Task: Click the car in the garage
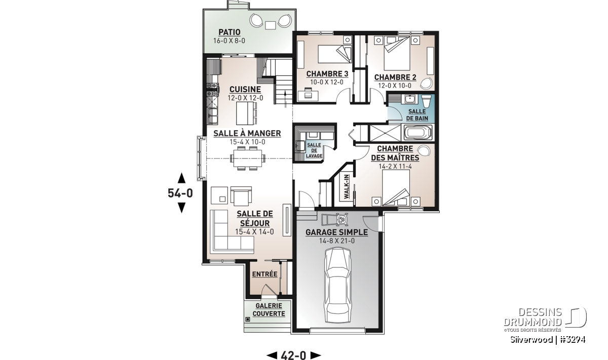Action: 338,286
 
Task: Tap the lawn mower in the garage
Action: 335,219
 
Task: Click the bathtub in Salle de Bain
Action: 418,133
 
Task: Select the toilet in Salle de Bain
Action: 426,101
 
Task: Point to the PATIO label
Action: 230,32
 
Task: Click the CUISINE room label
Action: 245,89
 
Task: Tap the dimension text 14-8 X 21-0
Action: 337,241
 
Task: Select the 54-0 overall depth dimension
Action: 180,193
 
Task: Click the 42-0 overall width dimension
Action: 293,355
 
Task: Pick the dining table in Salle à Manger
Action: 248,158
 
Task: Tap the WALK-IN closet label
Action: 347,187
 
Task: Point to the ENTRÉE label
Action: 264,274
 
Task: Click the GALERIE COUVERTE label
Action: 269,309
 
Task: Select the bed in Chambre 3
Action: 334,54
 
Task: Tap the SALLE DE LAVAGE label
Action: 314,150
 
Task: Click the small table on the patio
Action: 271,25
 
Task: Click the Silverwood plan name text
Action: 531,339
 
